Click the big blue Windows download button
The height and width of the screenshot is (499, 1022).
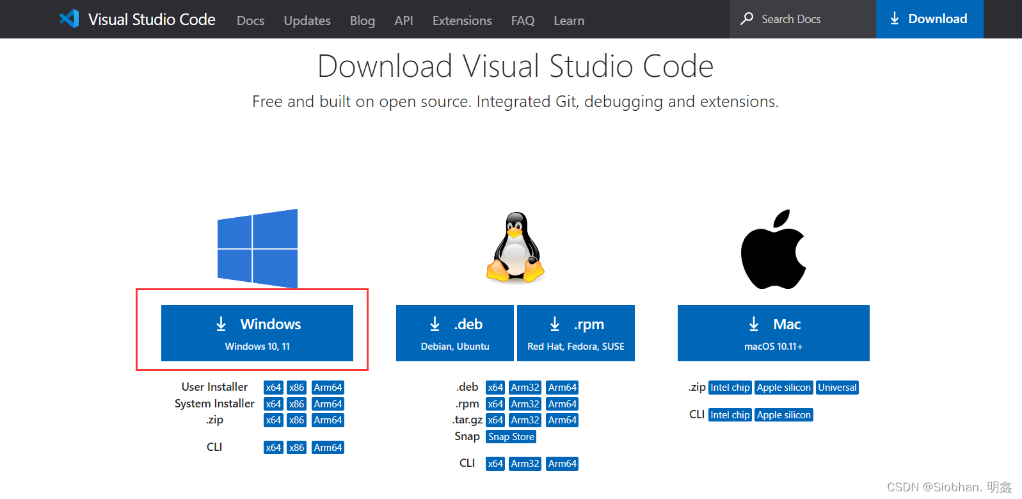[x=257, y=333]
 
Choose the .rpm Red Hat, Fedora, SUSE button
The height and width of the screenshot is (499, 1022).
[x=575, y=333]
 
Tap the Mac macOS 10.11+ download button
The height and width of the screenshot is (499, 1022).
[x=773, y=333]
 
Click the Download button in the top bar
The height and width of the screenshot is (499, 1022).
[x=929, y=19]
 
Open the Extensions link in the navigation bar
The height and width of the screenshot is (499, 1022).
[x=462, y=20]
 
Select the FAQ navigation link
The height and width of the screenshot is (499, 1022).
[x=523, y=20]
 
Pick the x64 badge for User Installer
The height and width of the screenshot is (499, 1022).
[x=273, y=388]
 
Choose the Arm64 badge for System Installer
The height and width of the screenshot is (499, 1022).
[x=328, y=404]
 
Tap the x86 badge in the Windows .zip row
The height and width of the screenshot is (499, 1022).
[x=296, y=420]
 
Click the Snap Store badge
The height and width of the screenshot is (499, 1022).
[x=511, y=437]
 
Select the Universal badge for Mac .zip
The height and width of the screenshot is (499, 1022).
[x=837, y=388]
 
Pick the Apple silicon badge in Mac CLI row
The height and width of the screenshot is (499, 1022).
[x=783, y=415]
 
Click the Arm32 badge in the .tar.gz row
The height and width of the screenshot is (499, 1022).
[x=525, y=420]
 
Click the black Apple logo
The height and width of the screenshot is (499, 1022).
[x=773, y=250]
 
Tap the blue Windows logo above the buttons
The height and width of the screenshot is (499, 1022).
[x=257, y=249]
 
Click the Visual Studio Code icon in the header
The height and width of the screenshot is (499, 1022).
[x=69, y=19]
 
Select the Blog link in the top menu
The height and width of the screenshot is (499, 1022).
[x=362, y=20]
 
